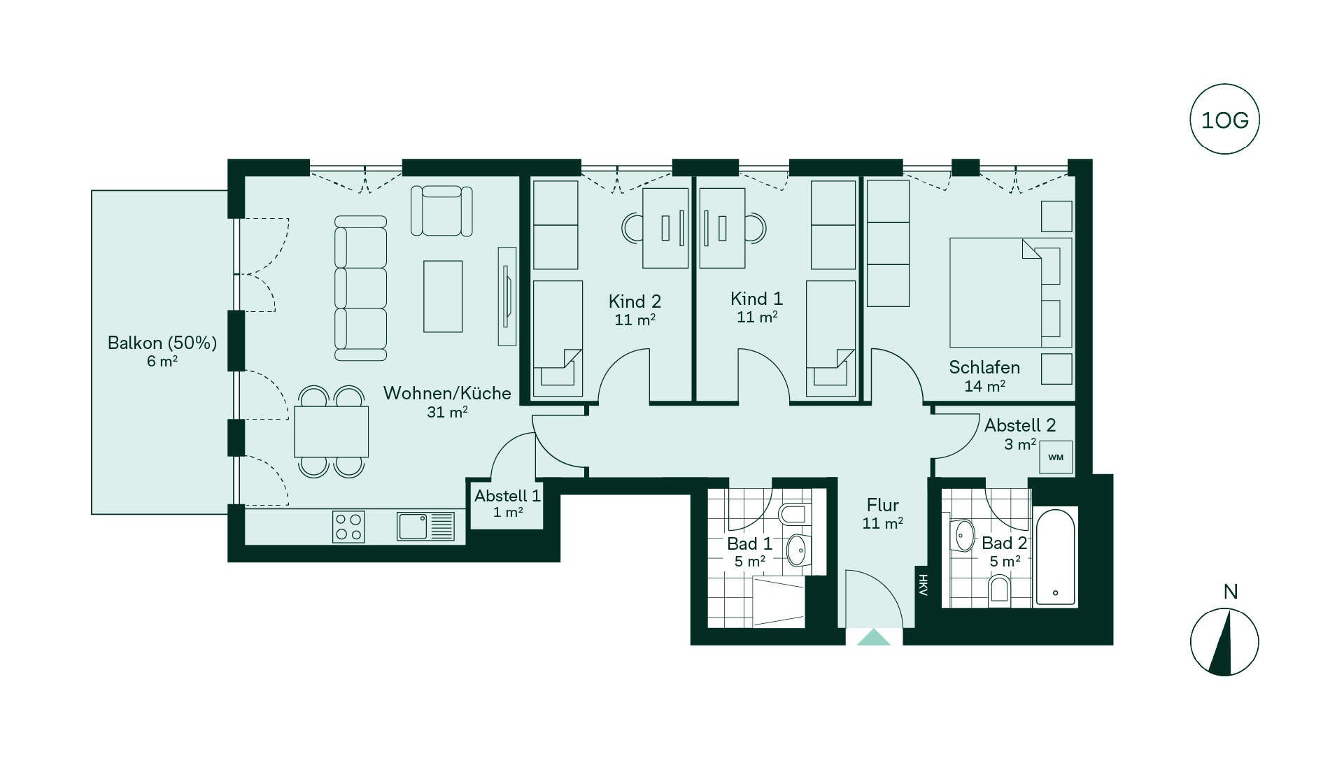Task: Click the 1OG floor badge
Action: coord(1224,120)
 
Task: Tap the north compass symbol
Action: coord(1224,642)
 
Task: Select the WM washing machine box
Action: coord(1056,457)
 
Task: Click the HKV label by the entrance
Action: coord(923,585)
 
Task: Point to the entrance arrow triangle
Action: coord(873,637)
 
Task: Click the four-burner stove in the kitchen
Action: coord(348,527)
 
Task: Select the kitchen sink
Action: coord(425,527)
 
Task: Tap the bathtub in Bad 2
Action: coord(1055,557)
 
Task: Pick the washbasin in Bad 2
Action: coord(963,536)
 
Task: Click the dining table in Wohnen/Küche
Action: coord(331,432)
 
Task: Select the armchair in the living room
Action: coord(441,211)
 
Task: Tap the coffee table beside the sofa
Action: coord(443,297)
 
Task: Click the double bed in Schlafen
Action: coord(1010,292)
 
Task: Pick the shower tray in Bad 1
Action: coord(778,601)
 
